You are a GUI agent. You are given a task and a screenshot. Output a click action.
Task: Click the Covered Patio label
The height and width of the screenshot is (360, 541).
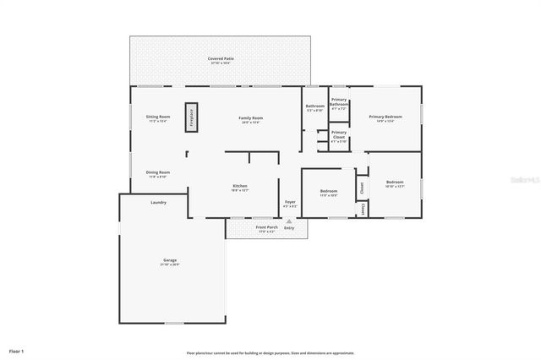[x=221, y=59]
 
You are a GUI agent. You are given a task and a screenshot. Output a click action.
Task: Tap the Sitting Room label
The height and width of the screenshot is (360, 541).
[x=158, y=117]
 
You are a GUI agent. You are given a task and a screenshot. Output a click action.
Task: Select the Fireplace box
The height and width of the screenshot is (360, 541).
[x=191, y=116]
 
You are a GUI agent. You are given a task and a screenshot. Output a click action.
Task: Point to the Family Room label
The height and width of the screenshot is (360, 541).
[x=250, y=118]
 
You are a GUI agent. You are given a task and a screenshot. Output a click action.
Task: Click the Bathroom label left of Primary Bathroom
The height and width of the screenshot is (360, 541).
[x=314, y=106]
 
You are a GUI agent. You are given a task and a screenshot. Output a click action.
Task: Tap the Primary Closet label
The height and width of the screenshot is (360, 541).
[x=338, y=134]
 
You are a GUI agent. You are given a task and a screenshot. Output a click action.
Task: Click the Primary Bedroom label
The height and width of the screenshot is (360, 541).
[x=385, y=117]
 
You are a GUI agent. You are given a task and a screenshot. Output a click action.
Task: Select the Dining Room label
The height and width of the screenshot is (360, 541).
[x=158, y=173]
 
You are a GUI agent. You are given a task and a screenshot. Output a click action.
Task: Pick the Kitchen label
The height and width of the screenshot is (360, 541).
[x=240, y=187]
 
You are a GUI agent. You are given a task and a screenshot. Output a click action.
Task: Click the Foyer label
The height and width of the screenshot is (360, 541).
[x=289, y=203]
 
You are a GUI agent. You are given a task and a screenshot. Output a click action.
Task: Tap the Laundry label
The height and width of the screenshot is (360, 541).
[x=158, y=202]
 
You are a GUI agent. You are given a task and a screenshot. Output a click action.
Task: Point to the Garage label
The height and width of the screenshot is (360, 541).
[x=170, y=260]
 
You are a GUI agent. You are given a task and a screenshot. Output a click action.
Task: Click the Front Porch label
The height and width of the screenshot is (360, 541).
[x=266, y=227]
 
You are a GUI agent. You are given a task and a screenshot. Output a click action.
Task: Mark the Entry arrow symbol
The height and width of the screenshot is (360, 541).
[x=289, y=221]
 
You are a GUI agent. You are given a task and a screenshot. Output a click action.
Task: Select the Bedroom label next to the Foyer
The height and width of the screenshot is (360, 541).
[x=329, y=192]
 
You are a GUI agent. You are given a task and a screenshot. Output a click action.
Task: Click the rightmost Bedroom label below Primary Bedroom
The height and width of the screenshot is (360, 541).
[x=395, y=183]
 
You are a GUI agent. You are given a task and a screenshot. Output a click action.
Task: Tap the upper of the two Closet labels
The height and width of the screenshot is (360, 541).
[x=360, y=187]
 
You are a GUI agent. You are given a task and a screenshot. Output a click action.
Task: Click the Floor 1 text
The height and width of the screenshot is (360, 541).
[x=17, y=350]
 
